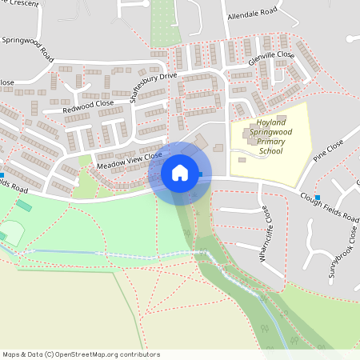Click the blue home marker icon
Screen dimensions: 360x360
[180, 172]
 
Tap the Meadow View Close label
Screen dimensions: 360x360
[129, 159]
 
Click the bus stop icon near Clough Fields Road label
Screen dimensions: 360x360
[318, 198]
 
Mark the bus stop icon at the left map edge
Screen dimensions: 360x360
[2, 174]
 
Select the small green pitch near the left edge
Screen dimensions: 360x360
[24, 206]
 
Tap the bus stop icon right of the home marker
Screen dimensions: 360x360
[201, 174]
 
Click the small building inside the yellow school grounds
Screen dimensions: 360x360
[242, 159]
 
